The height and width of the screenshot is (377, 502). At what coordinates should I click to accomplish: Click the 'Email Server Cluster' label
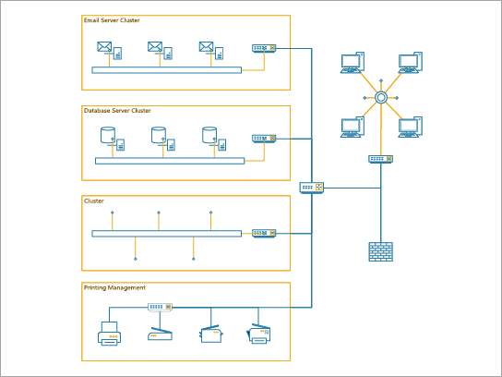click(x=112, y=20)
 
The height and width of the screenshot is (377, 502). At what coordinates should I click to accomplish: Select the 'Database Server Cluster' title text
click(x=117, y=111)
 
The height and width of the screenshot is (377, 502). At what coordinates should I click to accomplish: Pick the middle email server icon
click(x=159, y=49)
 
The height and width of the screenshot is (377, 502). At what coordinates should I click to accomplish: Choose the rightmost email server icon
click(x=209, y=49)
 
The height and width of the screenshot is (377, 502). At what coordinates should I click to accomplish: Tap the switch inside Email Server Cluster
click(x=263, y=48)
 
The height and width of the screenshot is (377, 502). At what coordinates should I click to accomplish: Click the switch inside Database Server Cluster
click(x=264, y=139)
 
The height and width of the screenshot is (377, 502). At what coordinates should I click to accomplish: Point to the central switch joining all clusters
click(x=312, y=188)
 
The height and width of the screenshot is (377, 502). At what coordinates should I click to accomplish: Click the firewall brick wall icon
click(x=379, y=251)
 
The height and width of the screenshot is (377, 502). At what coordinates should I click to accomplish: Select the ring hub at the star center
click(x=379, y=97)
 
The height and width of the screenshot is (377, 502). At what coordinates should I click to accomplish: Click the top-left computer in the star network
click(x=350, y=64)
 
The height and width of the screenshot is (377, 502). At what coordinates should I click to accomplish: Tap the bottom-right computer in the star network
click(x=410, y=127)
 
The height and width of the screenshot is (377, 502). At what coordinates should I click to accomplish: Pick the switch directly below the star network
click(x=379, y=159)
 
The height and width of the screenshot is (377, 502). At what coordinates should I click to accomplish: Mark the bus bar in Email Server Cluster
click(x=166, y=70)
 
